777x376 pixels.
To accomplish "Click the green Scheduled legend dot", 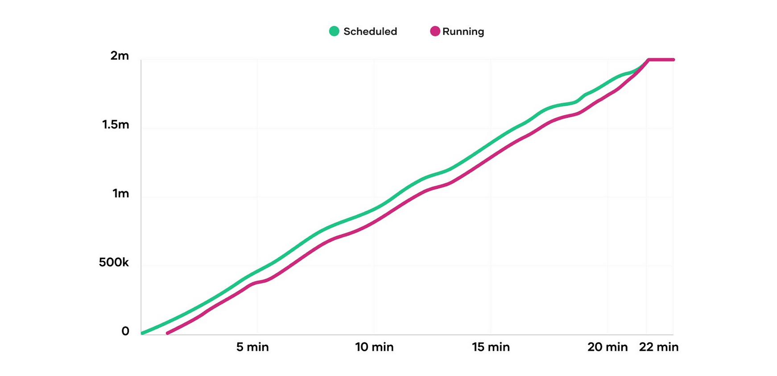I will coord(334,31).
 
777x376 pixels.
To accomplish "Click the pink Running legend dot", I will coord(435,31).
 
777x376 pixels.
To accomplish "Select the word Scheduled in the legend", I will coord(370,32).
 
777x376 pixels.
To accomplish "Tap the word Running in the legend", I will coord(463,32).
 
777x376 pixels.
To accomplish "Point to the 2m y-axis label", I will coord(120,56).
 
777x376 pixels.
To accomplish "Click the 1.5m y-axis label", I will coord(116,125).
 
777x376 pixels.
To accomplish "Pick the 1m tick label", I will coord(120,193).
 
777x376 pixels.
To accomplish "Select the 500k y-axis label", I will coord(114,263).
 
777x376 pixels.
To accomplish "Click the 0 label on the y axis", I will coord(125,331).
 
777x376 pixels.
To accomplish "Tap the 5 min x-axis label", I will coord(252,347).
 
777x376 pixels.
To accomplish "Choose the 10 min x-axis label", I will coord(374,347).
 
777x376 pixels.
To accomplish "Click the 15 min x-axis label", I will coord(491,347).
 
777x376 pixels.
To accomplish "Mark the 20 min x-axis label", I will coord(608,347).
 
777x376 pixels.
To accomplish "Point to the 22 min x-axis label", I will coord(659,347).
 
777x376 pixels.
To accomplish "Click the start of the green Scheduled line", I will coord(142,333).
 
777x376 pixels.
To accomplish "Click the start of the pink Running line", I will coord(168,333).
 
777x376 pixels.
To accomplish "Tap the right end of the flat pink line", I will coord(673,59).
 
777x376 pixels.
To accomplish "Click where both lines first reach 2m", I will coord(649,59).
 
